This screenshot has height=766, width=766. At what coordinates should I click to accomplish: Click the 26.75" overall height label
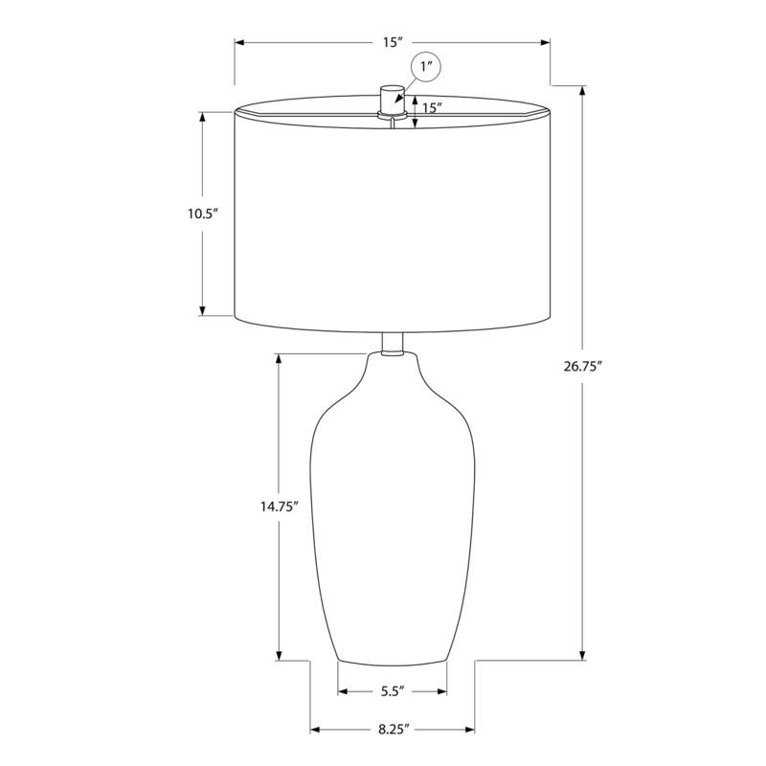pyautogui.click(x=582, y=367)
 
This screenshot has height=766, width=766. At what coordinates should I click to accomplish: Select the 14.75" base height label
pyautogui.click(x=279, y=507)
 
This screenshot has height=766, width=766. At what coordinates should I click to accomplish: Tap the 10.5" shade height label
pyautogui.click(x=203, y=214)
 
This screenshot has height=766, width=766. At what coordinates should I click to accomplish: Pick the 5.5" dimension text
pyautogui.click(x=393, y=691)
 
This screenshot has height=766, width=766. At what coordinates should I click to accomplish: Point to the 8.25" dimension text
pyautogui.click(x=393, y=730)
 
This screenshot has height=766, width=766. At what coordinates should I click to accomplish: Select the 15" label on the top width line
pyautogui.click(x=392, y=42)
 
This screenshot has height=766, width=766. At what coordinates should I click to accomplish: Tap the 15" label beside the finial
pyautogui.click(x=432, y=107)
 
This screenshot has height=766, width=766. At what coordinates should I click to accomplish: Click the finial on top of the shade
pyautogui.click(x=393, y=101)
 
